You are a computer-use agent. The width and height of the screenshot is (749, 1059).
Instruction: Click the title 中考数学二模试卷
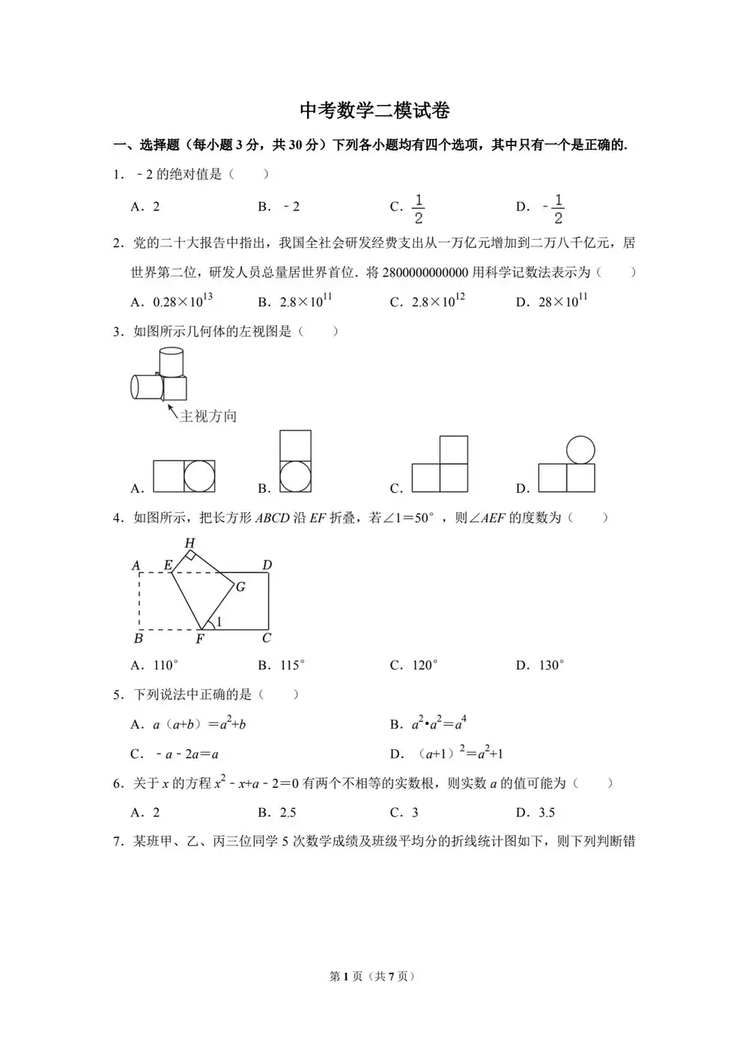pos(374,111)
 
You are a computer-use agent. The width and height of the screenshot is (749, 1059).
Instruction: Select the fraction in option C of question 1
pos(418,209)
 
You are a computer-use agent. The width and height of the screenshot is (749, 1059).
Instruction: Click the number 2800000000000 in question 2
pos(425,273)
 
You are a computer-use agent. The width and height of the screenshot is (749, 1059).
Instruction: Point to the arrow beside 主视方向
pos(171,410)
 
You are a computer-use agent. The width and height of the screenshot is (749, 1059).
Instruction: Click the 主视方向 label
pos(208,416)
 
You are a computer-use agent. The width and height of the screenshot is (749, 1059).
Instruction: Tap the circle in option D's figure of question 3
pos(580,450)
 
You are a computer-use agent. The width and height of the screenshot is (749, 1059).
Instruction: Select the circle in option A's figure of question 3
pos(199,476)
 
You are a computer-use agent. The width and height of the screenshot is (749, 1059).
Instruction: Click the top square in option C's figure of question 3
pos(454,450)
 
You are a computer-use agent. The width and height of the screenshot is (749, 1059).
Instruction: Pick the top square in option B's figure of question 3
pos(295,446)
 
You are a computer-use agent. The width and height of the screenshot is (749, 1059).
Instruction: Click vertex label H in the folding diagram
pos(189,543)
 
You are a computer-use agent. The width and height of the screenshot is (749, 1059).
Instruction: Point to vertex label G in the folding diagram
pos(240,586)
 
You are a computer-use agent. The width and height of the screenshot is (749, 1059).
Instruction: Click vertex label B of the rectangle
pos(139,639)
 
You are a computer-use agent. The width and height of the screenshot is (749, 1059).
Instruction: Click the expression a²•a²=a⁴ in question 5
pos(439,724)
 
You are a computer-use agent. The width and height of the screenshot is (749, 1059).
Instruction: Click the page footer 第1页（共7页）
pos(372,976)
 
